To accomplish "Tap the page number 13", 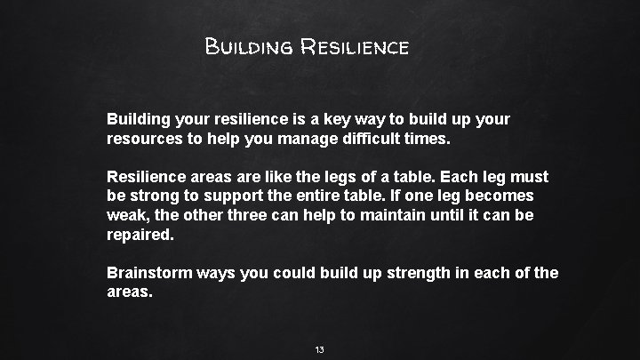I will (x=319, y=350).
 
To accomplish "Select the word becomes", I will (x=502, y=196).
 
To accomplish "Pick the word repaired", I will (x=140, y=236).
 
